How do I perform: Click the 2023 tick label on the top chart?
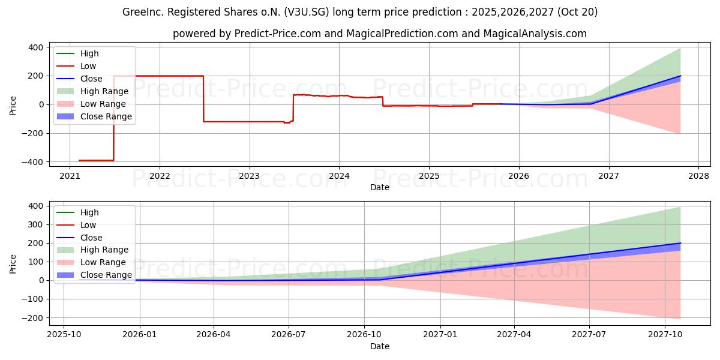click(x=249, y=176)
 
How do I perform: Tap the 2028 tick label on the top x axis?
click(x=698, y=176)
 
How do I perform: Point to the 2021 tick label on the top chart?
click(x=70, y=176)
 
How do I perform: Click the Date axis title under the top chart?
click(x=379, y=187)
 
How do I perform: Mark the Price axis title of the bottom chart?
click(x=13, y=263)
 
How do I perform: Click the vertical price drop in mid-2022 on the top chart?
click(x=203, y=99)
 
